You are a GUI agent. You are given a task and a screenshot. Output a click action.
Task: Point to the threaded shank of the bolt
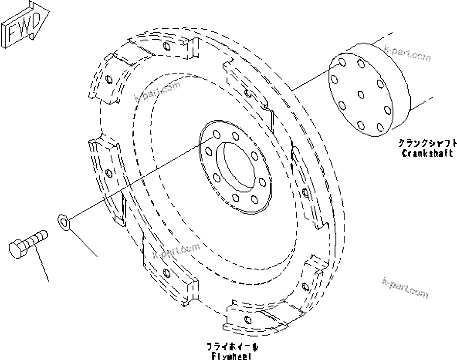point(37,238)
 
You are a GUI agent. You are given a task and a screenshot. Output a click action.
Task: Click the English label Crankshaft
point(427,153)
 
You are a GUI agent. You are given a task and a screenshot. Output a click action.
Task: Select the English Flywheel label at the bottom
point(232,356)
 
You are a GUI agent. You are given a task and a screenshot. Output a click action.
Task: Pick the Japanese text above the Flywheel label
point(232,347)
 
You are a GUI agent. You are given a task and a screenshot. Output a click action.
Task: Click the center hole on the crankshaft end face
point(360,94)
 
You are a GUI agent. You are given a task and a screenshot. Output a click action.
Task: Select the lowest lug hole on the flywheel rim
point(247,320)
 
